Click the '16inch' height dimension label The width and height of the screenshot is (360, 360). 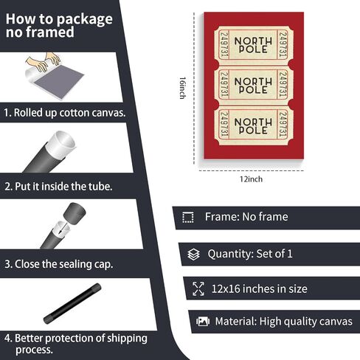(x=182, y=88)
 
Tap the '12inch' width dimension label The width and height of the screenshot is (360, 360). (x=251, y=179)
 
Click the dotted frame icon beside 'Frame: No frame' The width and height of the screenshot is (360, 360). (x=188, y=218)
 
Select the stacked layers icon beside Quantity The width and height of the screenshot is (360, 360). (x=194, y=255)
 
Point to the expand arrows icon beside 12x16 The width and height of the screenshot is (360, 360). (x=198, y=288)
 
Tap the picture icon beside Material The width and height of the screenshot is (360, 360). (x=203, y=321)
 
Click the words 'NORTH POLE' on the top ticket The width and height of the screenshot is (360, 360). (x=253, y=45)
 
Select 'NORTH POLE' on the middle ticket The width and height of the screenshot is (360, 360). (x=253, y=86)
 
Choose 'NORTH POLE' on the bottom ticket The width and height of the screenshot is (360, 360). (x=253, y=126)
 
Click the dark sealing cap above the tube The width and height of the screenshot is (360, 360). (x=75, y=212)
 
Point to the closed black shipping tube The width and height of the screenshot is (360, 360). (x=72, y=303)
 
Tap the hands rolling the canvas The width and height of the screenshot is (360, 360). (x=44, y=61)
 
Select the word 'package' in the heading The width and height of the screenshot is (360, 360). (x=85, y=20)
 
